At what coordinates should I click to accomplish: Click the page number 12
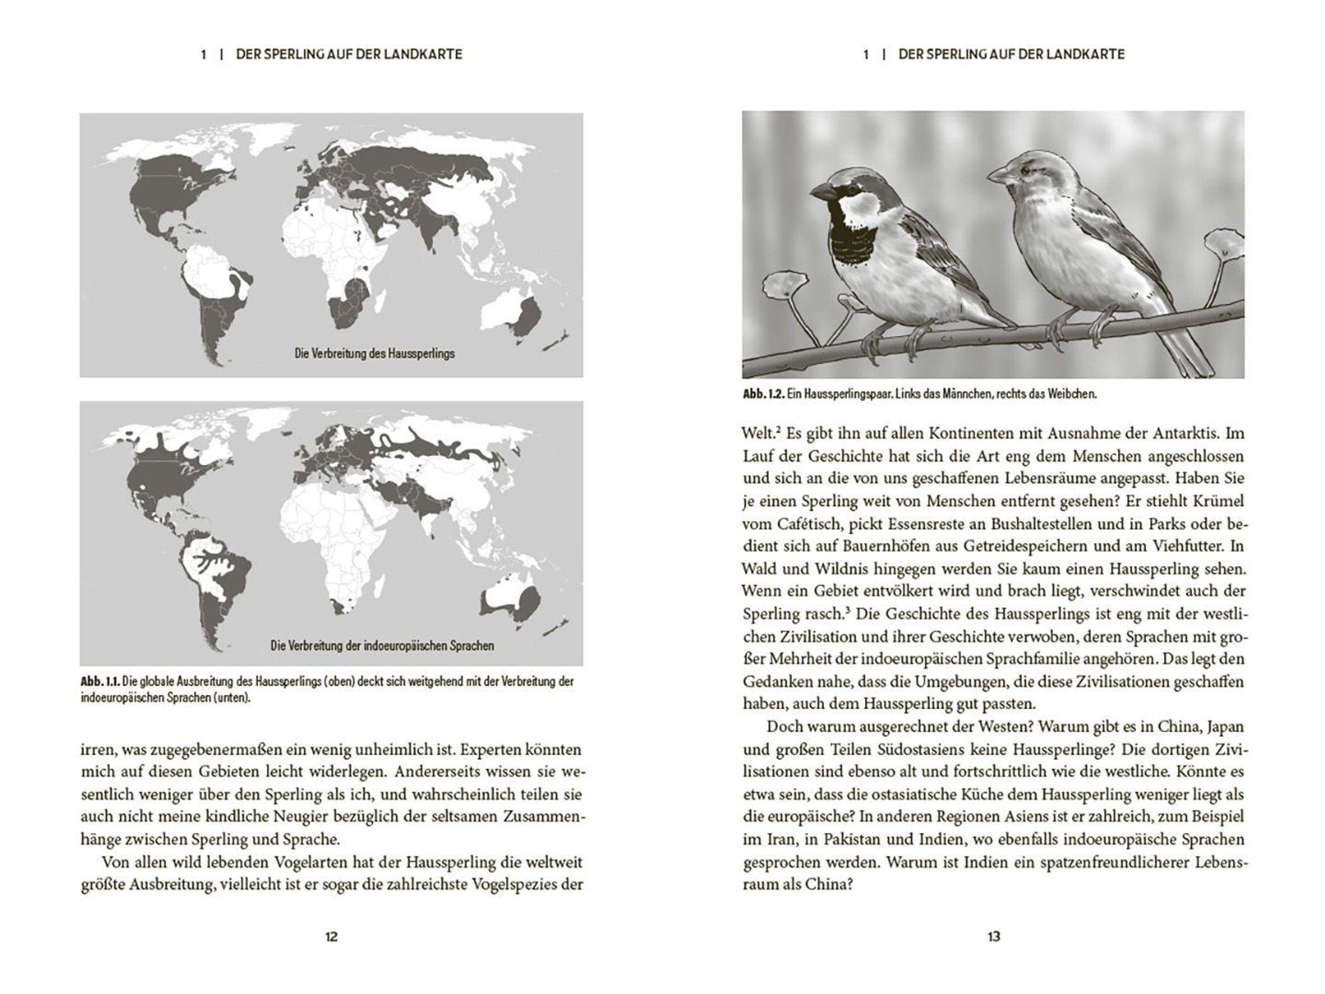(x=331, y=937)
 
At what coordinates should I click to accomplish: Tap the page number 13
(x=994, y=937)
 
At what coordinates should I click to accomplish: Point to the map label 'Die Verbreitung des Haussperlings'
(x=374, y=353)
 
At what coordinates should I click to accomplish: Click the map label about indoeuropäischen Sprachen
(x=382, y=646)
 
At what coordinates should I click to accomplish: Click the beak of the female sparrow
(x=996, y=176)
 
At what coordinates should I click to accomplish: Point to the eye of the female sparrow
(x=1025, y=171)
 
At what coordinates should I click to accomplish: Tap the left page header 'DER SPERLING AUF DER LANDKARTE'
(x=349, y=55)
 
